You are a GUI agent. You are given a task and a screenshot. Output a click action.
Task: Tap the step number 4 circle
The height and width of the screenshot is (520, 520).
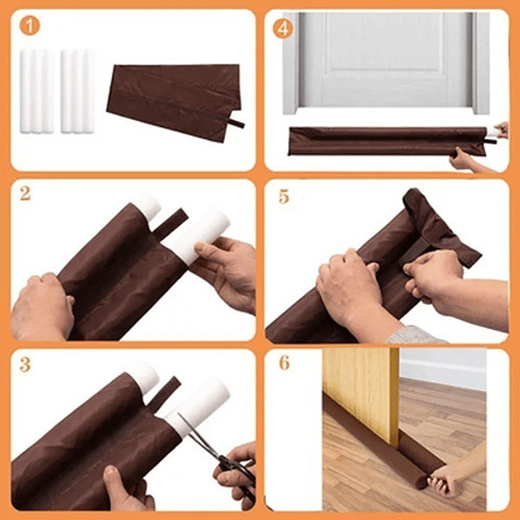tap(283, 27)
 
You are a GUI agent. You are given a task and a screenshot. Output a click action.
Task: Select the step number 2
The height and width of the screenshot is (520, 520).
tap(26, 194)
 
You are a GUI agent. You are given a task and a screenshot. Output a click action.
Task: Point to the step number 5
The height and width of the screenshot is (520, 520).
tap(283, 196)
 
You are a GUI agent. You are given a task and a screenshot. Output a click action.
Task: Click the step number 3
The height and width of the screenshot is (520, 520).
tap(26, 364)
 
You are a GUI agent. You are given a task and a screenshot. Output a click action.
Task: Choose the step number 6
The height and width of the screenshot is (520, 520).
tap(284, 363)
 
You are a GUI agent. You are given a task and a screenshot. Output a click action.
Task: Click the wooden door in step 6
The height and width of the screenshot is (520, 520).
tap(360, 384)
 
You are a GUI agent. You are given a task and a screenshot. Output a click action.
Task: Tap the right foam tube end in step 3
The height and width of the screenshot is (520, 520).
tap(200, 406)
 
